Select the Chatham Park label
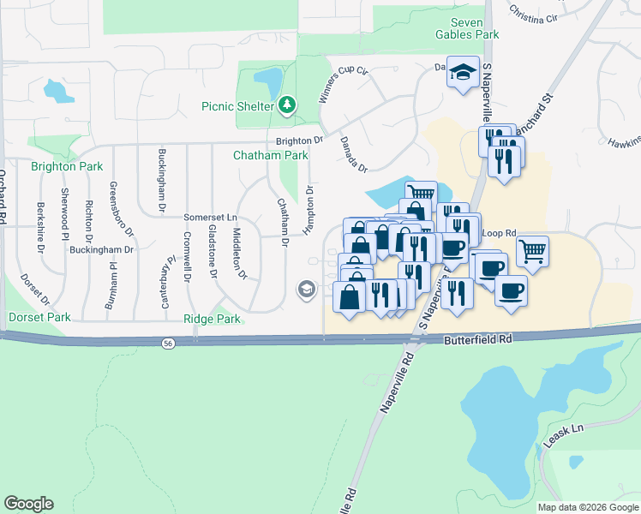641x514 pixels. [x=270, y=156]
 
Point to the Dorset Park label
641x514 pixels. [x=39, y=317]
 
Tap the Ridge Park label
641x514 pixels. [x=213, y=319]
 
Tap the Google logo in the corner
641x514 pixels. [x=28, y=504]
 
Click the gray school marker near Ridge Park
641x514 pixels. [x=306, y=290]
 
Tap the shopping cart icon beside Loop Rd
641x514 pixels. [x=532, y=250]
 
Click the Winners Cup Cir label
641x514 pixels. [x=335, y=84]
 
